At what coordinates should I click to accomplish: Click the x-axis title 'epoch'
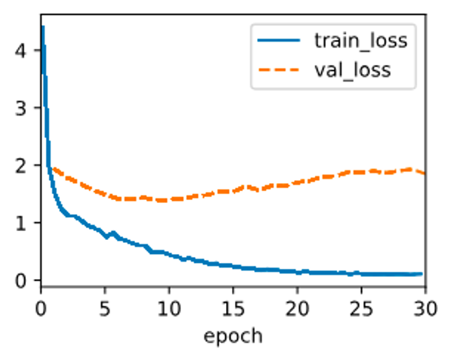click(233, 336)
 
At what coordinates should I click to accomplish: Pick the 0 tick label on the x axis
click(41, 306)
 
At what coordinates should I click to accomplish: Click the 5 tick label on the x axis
click(105, 306)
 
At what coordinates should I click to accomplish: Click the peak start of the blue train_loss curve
click(43, 27)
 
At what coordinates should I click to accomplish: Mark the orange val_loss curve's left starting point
click(53, 168)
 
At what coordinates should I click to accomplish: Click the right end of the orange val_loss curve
click(424, 173)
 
